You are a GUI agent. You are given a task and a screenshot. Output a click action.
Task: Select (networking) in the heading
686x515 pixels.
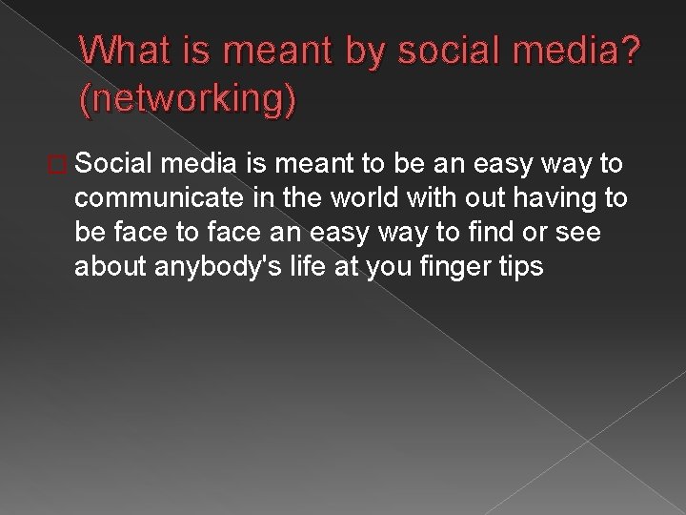pos(189,99)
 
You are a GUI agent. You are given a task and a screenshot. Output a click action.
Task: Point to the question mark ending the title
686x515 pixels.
pos(630,50)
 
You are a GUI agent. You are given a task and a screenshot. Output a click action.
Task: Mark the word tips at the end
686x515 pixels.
pos(521,267)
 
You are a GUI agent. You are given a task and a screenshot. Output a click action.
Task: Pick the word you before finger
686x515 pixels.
pos(394,267)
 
